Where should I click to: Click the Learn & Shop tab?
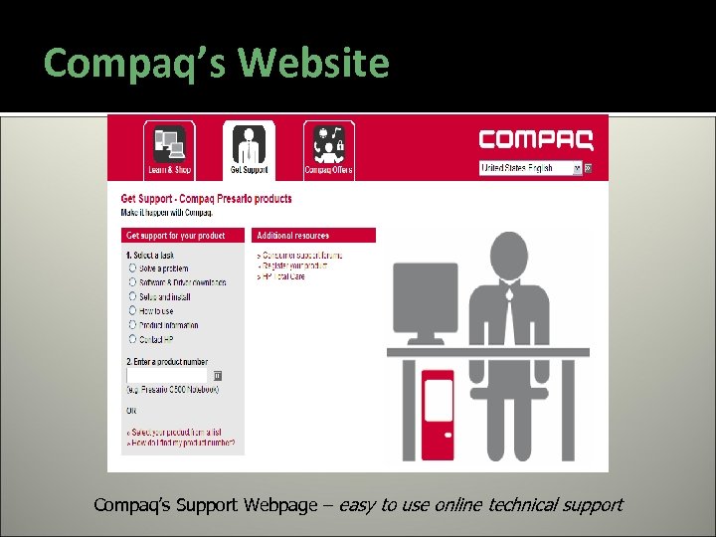tap(169, 149)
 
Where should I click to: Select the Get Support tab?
tap(249, 149)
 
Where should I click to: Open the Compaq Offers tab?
tap(329, 149)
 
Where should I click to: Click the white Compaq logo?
tap(536, 138)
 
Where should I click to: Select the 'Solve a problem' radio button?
tap(132, 268)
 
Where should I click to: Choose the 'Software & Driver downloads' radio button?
tap(132, 282)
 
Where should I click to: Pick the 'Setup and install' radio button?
tap(132, 296)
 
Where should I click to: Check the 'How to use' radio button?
tap(132, 310)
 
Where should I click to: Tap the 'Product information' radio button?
tap(132, 324)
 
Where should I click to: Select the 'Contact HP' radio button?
tap(132, 338)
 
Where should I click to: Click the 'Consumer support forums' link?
tap(294, 256)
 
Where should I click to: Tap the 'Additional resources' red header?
tap(315, 236)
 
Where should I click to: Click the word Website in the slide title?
tap(314, 63)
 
